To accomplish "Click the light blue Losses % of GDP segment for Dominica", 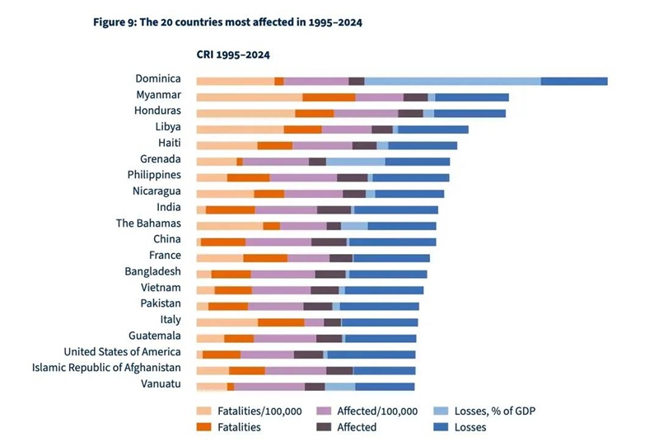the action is [452, 81].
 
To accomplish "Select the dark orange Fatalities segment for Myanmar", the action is [329, 97].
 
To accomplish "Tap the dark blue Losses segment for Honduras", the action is [470, 114].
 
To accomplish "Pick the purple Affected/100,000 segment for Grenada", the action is [276, 162].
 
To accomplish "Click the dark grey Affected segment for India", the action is [334, 209].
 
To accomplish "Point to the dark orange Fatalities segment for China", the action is [223, 242].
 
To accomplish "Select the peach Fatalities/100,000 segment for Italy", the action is [227, 322].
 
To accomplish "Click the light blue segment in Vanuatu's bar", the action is [340, 387].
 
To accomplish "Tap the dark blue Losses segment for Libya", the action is [433, 129].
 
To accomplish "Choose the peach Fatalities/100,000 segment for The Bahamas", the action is [230, 226].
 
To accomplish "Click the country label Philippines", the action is [154, 175].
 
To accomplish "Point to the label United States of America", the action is [122, 351].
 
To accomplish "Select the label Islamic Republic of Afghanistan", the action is [106, 368].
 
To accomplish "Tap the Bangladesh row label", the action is [152, 271].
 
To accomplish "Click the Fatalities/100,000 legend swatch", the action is [203, 411].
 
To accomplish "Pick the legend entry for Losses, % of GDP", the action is [484, 411].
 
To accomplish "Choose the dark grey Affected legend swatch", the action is [324, 427].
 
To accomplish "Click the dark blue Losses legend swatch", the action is [441, 427].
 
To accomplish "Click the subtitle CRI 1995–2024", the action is [233, 55].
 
